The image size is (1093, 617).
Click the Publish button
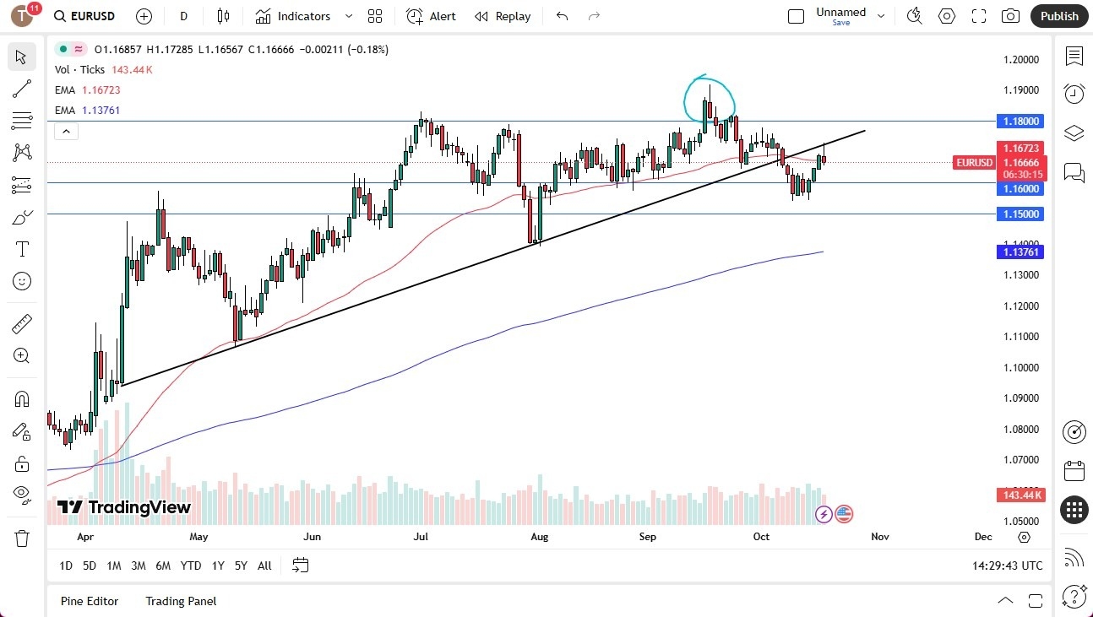pyautogui.click(x=1059, y=16)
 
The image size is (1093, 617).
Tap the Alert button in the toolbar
pyautogui.click(x=432, y=16)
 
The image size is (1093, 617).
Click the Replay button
pyautogui.click(x=503, y=16)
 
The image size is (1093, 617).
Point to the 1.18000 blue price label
pyautogui.click(x=1020, y=121)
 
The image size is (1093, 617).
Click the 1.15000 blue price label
pyautogui.click(x=1020, y=214)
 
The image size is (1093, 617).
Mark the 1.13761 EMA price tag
pyautogui.click(x=1020, y=252)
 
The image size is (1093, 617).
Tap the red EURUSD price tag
pyautogui.click(x=974, y=162)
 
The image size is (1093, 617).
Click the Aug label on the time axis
pyautogui.click(x=539, y=536)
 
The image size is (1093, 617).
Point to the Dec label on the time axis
pyautogui.click(x=982, y=536)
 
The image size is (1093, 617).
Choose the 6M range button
pyautogui.click(x=163, y=566)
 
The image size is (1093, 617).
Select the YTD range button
pyautogui.click(x=191, y=566)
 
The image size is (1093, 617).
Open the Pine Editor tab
pyautogui.click(x=90, y=601)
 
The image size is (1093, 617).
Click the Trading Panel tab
pyautogui.click(x=181, y=601)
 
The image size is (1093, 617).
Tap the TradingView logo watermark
pyautogui.click(x=124, y=507)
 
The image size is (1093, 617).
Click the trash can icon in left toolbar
pyautogui.click(x=22, y=538)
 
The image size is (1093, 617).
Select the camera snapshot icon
pyautogui.click(x=1009, y=16)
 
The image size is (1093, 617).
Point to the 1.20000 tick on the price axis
pyautogui.click(x=1020, y=60)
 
